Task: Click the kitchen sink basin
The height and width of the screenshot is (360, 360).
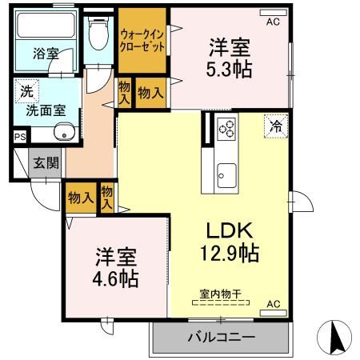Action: (226, 173)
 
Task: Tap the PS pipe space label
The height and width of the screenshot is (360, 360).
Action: (19, 137)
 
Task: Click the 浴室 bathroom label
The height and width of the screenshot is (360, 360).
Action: (46, 54)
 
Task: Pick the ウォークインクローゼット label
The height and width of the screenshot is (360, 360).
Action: (142, 40)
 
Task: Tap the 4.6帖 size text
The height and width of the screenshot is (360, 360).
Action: (118, 279)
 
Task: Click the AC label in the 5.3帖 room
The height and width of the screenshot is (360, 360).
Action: (273, 22)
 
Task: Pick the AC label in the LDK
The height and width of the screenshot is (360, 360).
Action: (273, 304)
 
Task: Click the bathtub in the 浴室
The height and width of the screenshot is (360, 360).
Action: (46, 36)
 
